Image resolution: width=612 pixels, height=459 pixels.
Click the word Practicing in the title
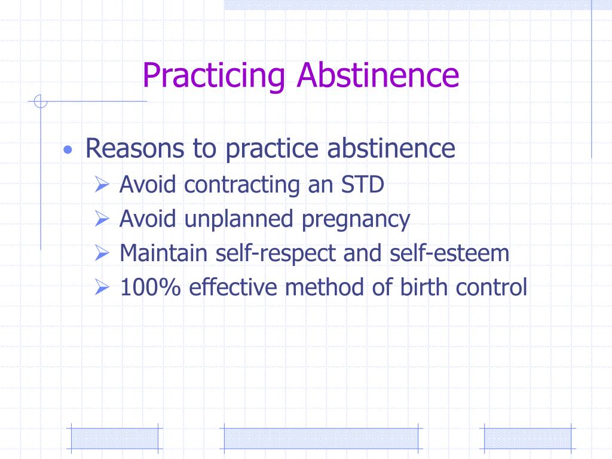click(215, 76)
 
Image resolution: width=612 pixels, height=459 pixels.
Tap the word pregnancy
click(356, 220)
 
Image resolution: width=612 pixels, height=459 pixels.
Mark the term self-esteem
click(449, 253)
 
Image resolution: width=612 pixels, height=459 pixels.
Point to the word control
click(491, 287)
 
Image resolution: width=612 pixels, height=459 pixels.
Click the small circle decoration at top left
click(40, 102)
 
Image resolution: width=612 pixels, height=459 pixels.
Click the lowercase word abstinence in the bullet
click(391, 149)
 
